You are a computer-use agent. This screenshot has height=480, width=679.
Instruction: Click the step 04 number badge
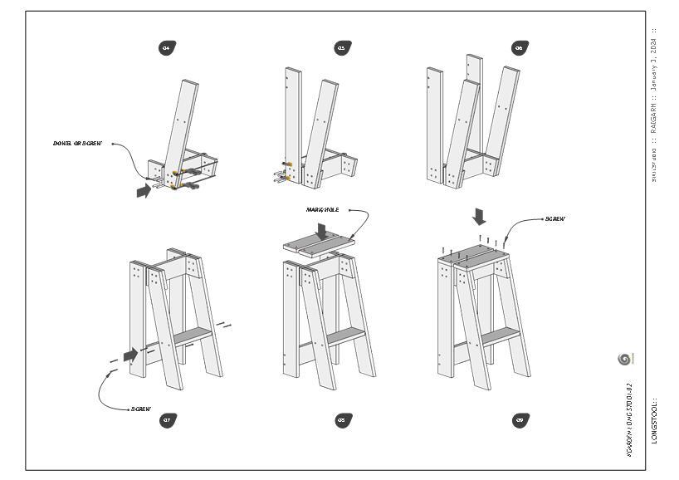pyautogui.click(x=167, y=47)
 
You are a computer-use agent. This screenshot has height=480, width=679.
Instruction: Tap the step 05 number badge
pyautogui.click(x=341, y=47)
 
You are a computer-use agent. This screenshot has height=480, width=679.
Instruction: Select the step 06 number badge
pyautogui.click(x=520, y=47)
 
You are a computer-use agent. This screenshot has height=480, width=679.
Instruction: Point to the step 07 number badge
pyautogui.click(x=167, y=420)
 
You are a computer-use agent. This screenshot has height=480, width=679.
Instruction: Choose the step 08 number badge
pyautogui.click(x=341, y=420)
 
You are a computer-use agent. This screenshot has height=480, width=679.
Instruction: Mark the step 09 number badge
pyautogui.click(x=520, y=420)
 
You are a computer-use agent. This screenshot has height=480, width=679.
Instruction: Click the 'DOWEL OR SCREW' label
pyautogui.click(x=78, y=144)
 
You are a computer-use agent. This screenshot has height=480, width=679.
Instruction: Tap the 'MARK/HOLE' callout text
pyautogui.click(x=323, y=209)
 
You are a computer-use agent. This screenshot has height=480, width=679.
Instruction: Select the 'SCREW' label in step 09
pyautogui.click(x=555, y=219)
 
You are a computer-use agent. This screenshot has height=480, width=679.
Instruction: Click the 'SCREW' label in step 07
pyautogui.click(x=141, y=409)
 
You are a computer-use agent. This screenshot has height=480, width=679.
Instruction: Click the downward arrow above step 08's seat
pyautogui.click(x=321, y=230)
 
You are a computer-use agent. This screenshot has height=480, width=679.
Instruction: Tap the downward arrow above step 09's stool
pyautogui.click(x=479, y=216)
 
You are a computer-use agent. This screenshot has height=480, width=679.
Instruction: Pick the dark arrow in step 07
pyautogui.click(x=130, y=355)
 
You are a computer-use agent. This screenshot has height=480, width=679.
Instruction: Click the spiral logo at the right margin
pyautogui.click(x=625, y=359)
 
